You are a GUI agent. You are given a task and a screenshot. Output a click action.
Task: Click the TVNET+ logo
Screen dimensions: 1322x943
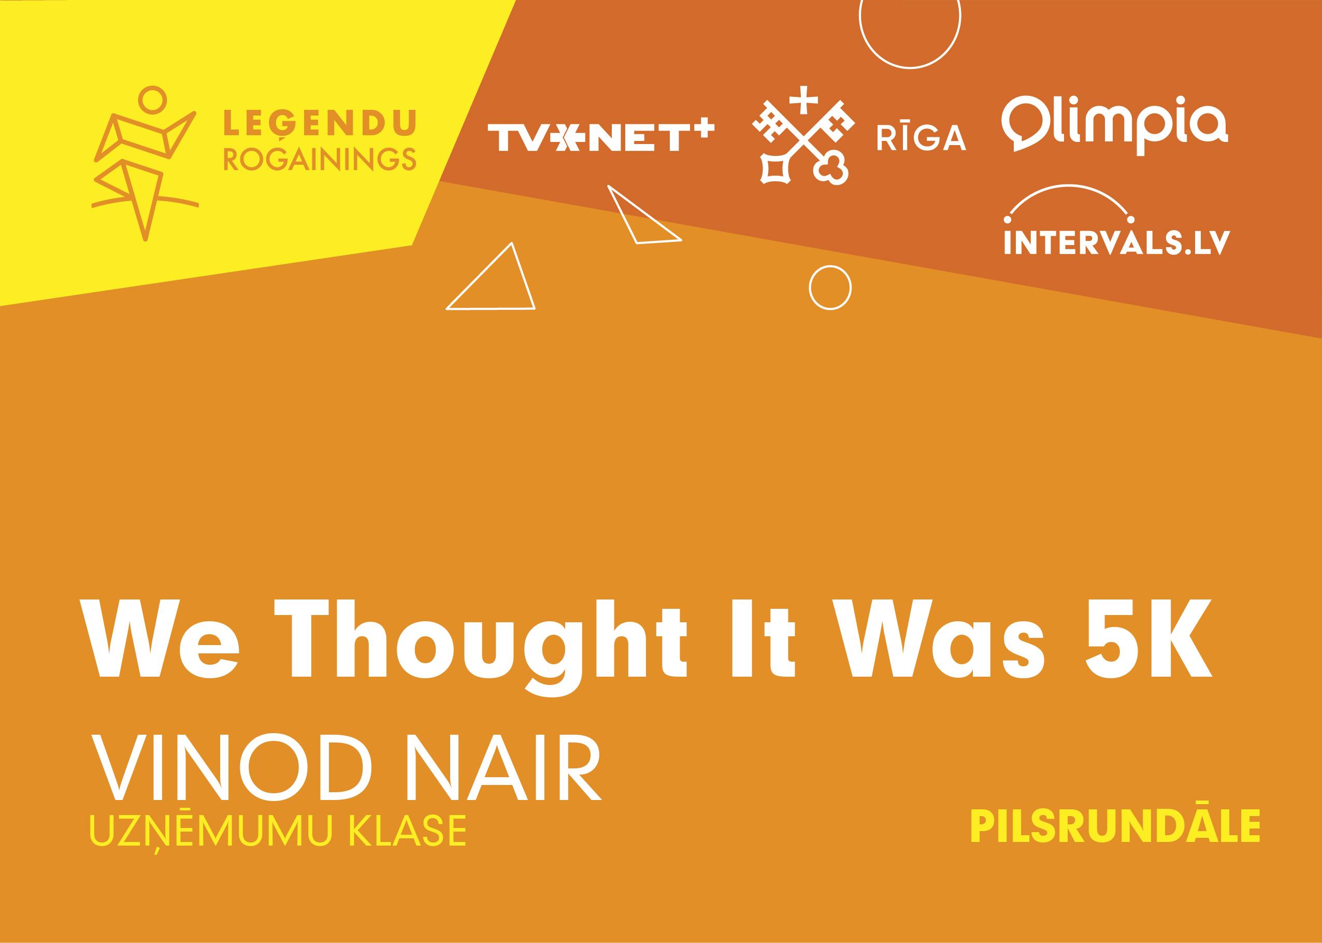(x=600, y=134)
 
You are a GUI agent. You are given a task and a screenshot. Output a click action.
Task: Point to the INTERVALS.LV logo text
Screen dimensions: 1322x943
(x=1117, y=241)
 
